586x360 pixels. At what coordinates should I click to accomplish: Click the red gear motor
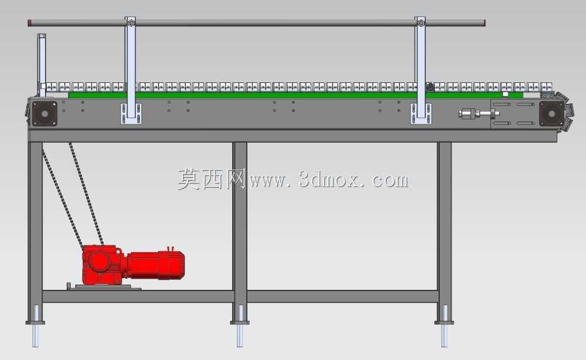pos(133,264)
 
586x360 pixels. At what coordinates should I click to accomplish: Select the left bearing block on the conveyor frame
pos(44,113)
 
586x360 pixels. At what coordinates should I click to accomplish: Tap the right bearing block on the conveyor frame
pos(551,113)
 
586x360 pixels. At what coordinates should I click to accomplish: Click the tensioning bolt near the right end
pos(479,113)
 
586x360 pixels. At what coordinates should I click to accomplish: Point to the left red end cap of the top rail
pos(29,23)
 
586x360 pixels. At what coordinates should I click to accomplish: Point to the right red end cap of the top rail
pos(484,23)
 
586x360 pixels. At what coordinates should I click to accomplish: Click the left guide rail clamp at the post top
pos(130,22)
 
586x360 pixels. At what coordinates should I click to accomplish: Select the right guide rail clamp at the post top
pos(421,22)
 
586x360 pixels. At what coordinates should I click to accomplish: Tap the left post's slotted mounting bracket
pos(131,113)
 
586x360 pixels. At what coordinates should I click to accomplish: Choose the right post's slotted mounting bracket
pos(421,113)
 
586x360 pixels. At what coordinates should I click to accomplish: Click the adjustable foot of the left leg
pos(35,326)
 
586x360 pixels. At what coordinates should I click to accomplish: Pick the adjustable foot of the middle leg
pos(240,326)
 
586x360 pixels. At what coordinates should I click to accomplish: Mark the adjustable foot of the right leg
pos(444,326)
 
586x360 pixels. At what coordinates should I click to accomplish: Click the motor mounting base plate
pos(104,287)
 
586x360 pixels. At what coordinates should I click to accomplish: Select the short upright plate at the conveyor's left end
pos(42,64)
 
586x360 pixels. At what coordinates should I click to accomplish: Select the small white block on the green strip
pos(505,95)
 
